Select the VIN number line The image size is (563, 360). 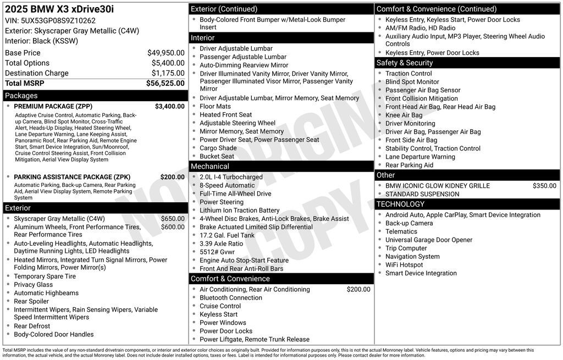coord(50,20)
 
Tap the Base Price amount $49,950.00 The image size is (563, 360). coord(165,53)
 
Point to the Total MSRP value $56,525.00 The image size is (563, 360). coord(165,83)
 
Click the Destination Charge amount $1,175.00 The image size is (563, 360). coord(168,73)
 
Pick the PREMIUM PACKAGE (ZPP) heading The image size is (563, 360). coord(53,106)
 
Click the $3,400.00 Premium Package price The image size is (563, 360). coord(169,106)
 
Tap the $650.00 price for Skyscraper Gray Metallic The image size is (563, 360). coord(173,219)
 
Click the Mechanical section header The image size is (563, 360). coord(210,166)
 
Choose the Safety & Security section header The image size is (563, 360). coord(405,63)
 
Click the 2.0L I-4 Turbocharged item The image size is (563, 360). coord(231,177)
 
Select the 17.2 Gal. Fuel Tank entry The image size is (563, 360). coord(227,235)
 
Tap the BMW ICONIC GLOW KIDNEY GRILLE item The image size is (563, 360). coord(437,186)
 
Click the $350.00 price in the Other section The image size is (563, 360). coord(544,186)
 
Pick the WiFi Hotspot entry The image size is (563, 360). coord(404,265)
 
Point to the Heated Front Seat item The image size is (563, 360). coord(225,115)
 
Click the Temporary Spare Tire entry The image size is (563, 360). coord(45,276)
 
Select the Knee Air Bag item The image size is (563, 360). coord(404,115)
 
